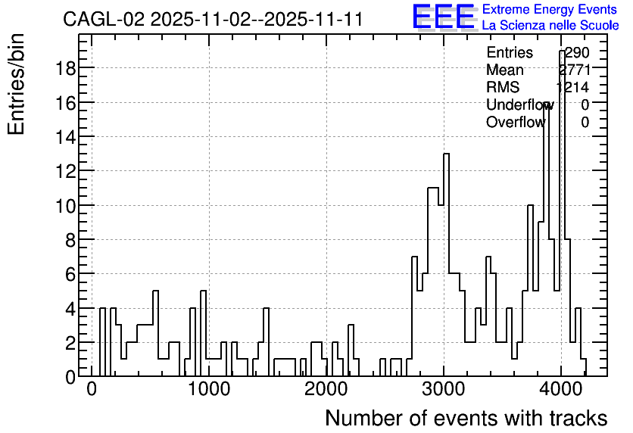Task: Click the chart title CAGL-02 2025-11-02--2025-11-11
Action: pos(213,20)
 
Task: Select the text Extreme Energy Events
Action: pos(550,9)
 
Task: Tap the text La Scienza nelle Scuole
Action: pos(550,25)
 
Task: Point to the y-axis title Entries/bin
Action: pos(17,84)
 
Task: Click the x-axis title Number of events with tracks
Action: pos(466,418)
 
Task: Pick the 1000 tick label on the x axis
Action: pos(209,390)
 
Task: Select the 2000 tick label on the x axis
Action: pos(326,390)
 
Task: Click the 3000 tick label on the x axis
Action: pos(444,390)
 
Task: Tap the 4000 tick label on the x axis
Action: pos(561,390)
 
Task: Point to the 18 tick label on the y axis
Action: pos(65,68)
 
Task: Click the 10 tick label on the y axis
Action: pos(65,206)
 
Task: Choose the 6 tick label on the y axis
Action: pos(70,274)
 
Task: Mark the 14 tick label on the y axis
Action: pos(65,137)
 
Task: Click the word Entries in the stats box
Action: pos(510,52)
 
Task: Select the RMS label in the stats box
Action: pos(503,87)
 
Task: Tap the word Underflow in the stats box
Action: pos(520,104)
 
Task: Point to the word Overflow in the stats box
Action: pos(516,122)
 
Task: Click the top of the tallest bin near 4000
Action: pos(562,51)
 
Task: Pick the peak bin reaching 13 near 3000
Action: pos(446,154)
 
